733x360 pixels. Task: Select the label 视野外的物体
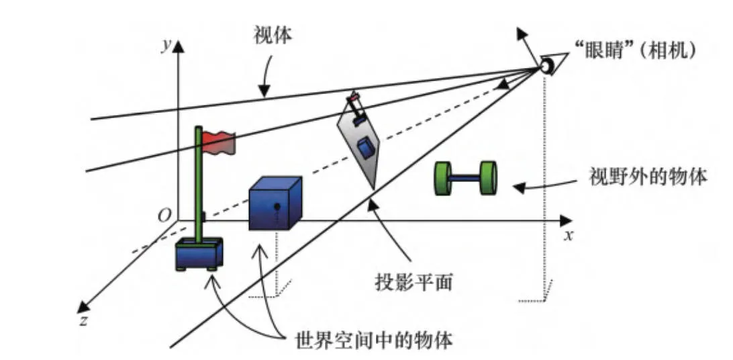pos(648,178)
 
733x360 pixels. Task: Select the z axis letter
pos(83,321)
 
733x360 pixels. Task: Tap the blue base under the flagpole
pos(199,254)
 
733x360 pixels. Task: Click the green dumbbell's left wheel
pos(443,179)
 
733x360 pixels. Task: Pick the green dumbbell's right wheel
pos(488,177)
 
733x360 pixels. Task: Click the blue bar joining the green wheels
pos(465,179)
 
